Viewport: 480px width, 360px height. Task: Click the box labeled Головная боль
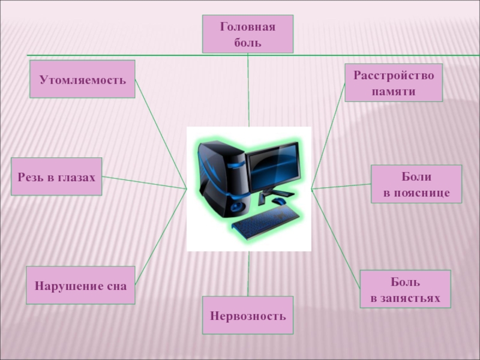(248, 34)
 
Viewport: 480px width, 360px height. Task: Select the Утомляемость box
(82, 79)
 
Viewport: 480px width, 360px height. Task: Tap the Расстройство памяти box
(393, 83)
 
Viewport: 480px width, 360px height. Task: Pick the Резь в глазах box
(56, 176)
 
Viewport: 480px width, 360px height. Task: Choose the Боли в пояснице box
(416, 184)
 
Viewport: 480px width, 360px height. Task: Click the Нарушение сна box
(80, 286)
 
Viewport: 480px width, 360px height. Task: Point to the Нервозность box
(248, 315)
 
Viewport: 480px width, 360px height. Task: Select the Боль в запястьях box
(404, 289)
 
